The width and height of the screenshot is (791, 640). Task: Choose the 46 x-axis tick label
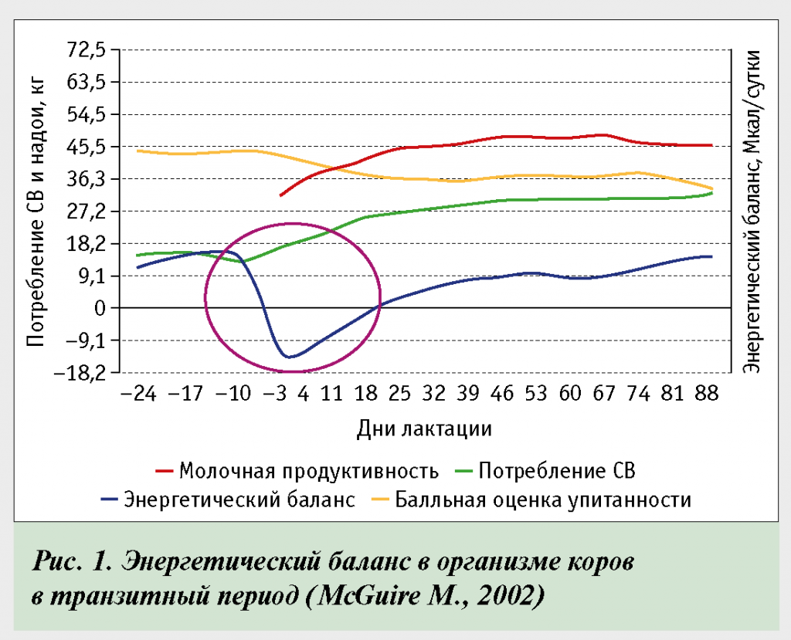(x=502, y=394)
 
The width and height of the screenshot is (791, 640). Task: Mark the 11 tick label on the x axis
(x=332, y=394)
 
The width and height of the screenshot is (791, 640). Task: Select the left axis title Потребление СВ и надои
(x=36, y=212)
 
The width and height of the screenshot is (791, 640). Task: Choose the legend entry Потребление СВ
(x=557, y=470)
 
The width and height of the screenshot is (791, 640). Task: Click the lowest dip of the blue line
(x=290, y=357)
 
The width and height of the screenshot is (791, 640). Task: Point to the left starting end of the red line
(x=280, y=195)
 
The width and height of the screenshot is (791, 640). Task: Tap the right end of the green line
(x=711, y=193)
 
